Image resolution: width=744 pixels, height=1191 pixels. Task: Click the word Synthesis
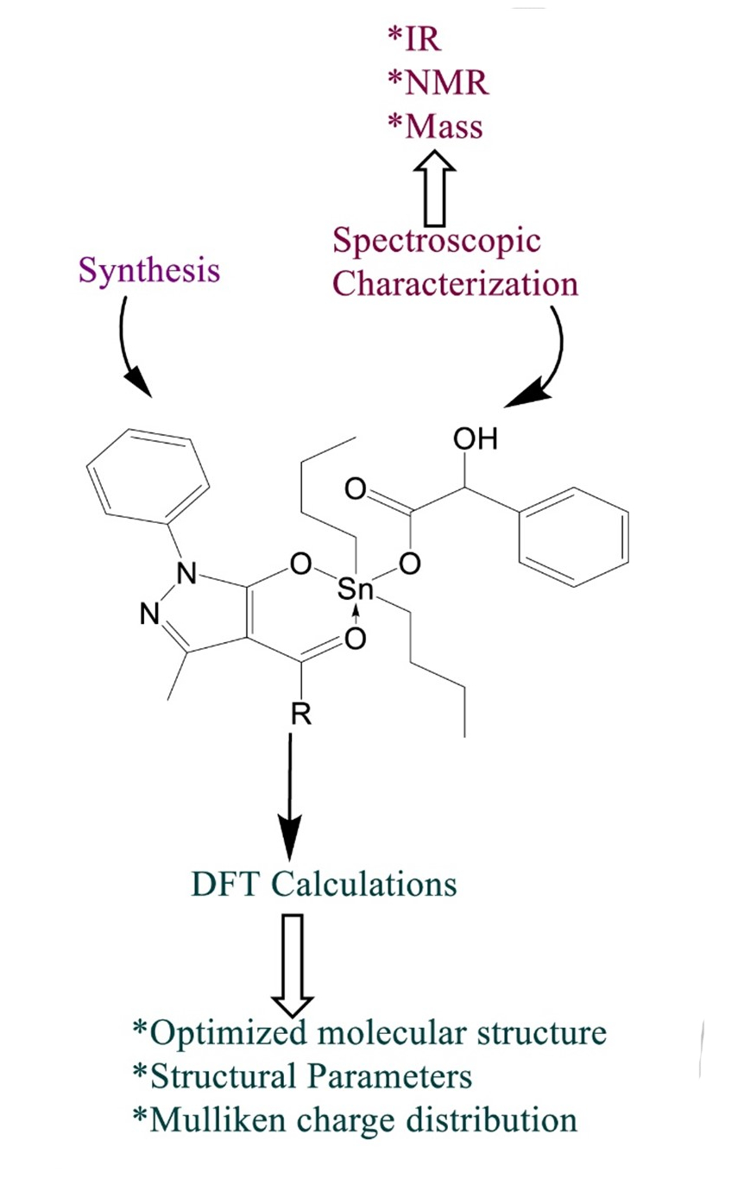point(149,269)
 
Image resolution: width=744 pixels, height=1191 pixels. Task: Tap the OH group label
point(476,439)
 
